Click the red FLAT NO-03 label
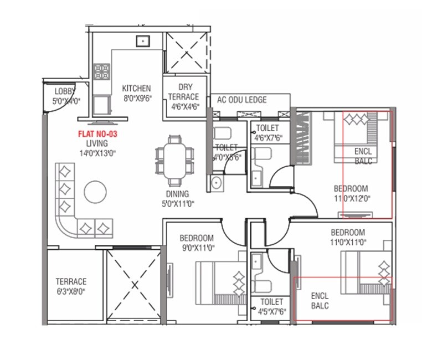97,133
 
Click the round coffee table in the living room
95,192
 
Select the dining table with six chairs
174,160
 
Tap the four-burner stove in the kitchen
101,71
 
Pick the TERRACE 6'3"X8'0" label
71,286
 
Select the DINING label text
177,194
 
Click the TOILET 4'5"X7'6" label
271,306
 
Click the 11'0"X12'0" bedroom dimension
352,197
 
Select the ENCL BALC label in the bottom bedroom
320,300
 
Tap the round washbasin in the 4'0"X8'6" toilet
216,183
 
